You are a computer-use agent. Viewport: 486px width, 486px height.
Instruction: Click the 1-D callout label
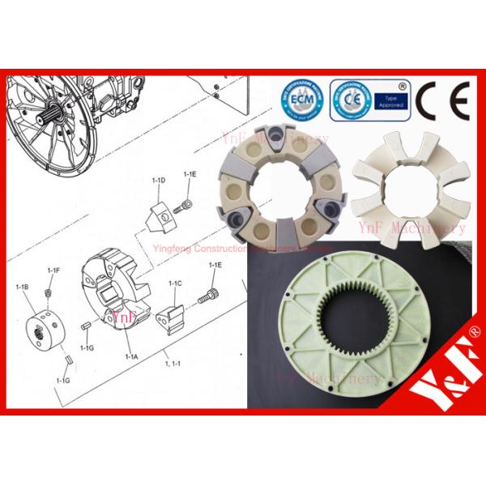click(x=160, y=179)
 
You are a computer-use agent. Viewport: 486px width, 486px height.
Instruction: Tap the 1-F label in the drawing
click(x=53, y=270)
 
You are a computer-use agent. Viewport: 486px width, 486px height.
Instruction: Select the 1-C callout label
click(x=175, y=283)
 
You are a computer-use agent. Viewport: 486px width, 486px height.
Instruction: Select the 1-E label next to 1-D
click(x=190, y=174)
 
